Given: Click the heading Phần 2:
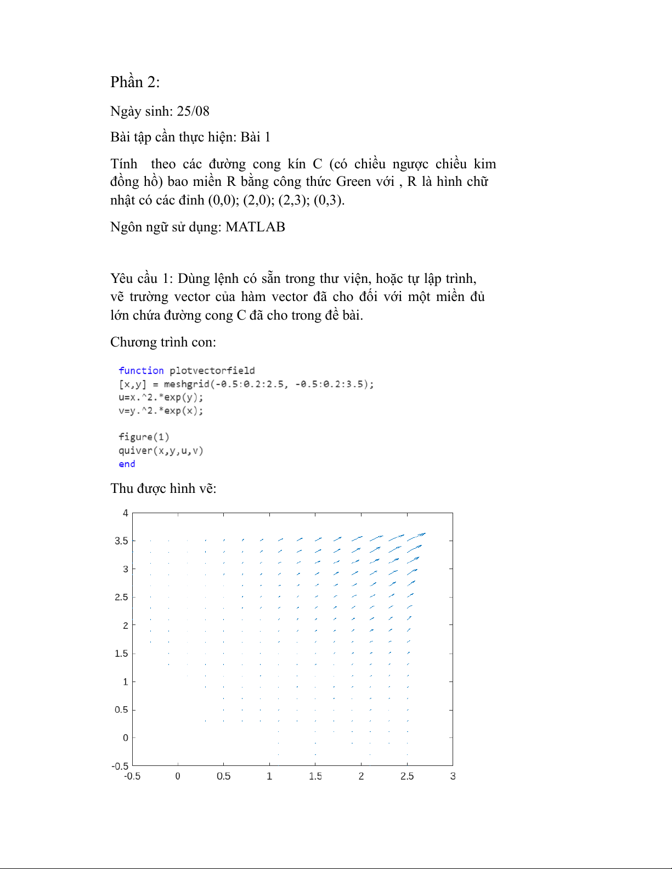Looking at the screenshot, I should tap(135, 82).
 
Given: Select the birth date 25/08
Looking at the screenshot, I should tap(193, 111).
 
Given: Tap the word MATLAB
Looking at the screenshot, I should tap(255, 227).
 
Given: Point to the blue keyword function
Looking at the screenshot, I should tap(141, 371).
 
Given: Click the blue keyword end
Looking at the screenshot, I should tap(127, 464).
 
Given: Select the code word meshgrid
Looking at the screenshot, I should tap(187, 384).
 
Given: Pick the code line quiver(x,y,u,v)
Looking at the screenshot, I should tap(161, 451).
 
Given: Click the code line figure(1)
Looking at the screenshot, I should tap(144, 437).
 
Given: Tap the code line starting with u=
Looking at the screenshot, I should tap(161, 397).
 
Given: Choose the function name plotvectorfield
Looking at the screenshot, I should tap(212, 371).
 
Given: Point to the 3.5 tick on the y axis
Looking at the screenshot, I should tap(121, 541).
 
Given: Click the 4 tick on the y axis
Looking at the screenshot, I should tap(126, 513).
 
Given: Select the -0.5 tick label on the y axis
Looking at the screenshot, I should tap(120, 766).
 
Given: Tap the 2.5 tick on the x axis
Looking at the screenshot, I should tap(407, 776).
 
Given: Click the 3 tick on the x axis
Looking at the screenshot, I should tap(453, 776).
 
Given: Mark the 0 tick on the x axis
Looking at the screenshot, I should tap(178, 776).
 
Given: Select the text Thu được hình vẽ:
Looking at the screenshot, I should tap(163, 489).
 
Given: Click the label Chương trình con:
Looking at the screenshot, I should tap(163, 342).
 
